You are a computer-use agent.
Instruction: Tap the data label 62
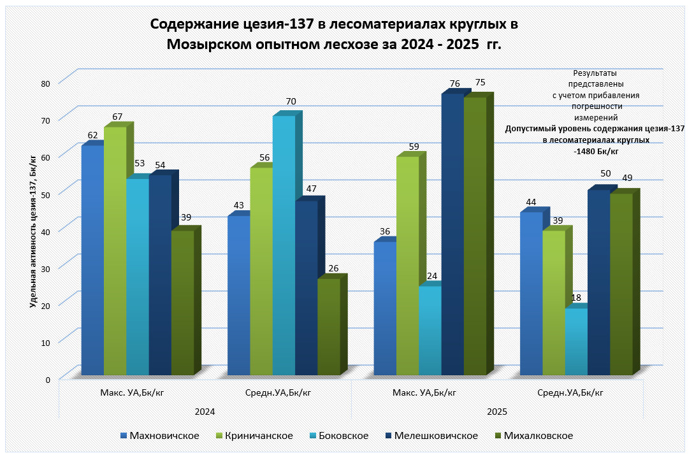click(93, 135)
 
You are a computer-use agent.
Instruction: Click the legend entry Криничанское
click(254, 436)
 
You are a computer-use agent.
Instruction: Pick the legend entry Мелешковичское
click(436, 436)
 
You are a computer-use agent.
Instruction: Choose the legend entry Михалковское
click(538, 436)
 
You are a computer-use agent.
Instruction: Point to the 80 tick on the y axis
click(45, 83)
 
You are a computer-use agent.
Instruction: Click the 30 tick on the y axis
click(45, 268)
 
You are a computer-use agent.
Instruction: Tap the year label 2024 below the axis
click(205, 412)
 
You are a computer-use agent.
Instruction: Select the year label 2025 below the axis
click(497, 412)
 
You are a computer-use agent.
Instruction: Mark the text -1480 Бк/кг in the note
click(596, 152)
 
